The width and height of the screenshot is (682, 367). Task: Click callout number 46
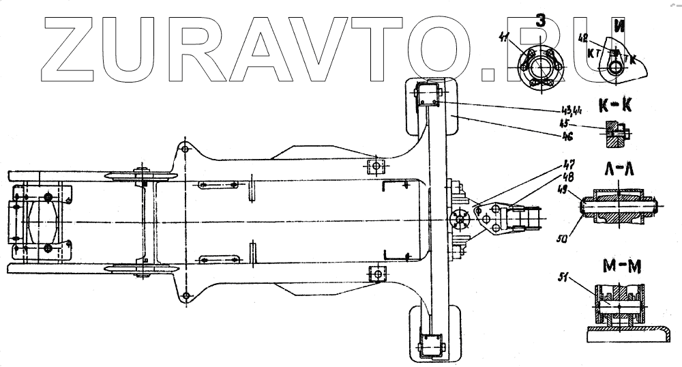(565, 136)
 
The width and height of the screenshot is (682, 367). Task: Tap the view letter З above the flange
(540, 21)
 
